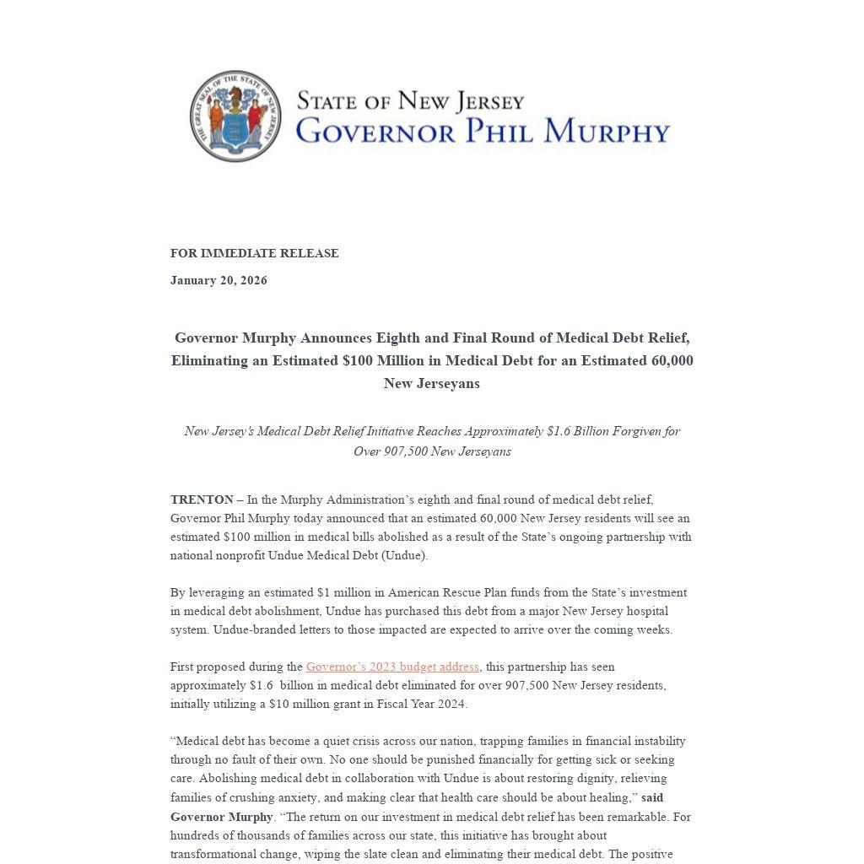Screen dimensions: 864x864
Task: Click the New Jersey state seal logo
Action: (x=235, y=116)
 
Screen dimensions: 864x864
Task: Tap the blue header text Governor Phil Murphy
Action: (x=483, y=132)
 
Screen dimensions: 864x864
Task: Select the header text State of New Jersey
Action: (x=410, y=101)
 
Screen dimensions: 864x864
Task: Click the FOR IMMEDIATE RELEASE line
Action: (x=254, y=253)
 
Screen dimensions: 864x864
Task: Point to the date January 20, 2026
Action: (x=219, y=280)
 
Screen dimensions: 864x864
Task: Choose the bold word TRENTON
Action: (x=202, y=499)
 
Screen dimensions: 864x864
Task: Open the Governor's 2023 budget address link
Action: (x=392, y=667)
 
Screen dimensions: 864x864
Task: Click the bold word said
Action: (x=652, y=797)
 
